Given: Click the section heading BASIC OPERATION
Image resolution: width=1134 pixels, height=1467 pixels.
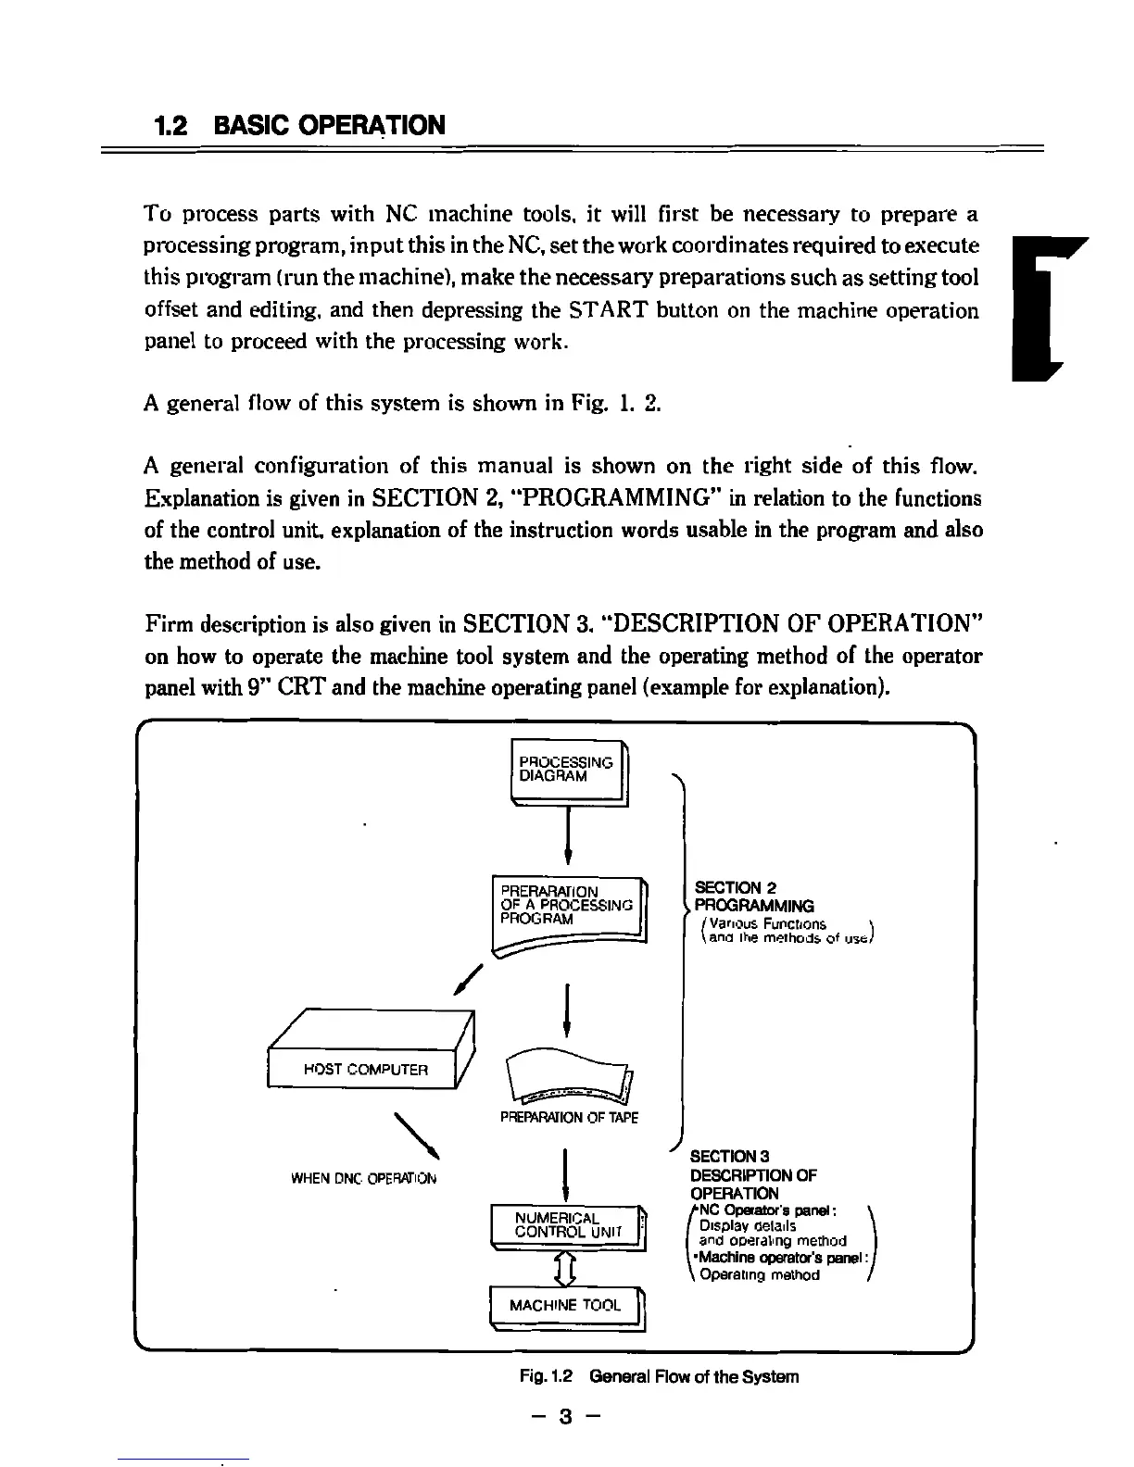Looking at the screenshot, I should coord(328,125).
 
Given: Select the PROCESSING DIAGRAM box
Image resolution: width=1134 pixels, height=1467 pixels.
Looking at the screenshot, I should coord(567,771).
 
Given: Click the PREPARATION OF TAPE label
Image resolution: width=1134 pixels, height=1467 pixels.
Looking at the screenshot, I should coord(569,1118).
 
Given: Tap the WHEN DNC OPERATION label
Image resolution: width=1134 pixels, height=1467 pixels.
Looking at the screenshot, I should coord(363,1179).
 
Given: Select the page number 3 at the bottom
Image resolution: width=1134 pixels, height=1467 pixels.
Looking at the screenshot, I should coord(566,1416).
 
